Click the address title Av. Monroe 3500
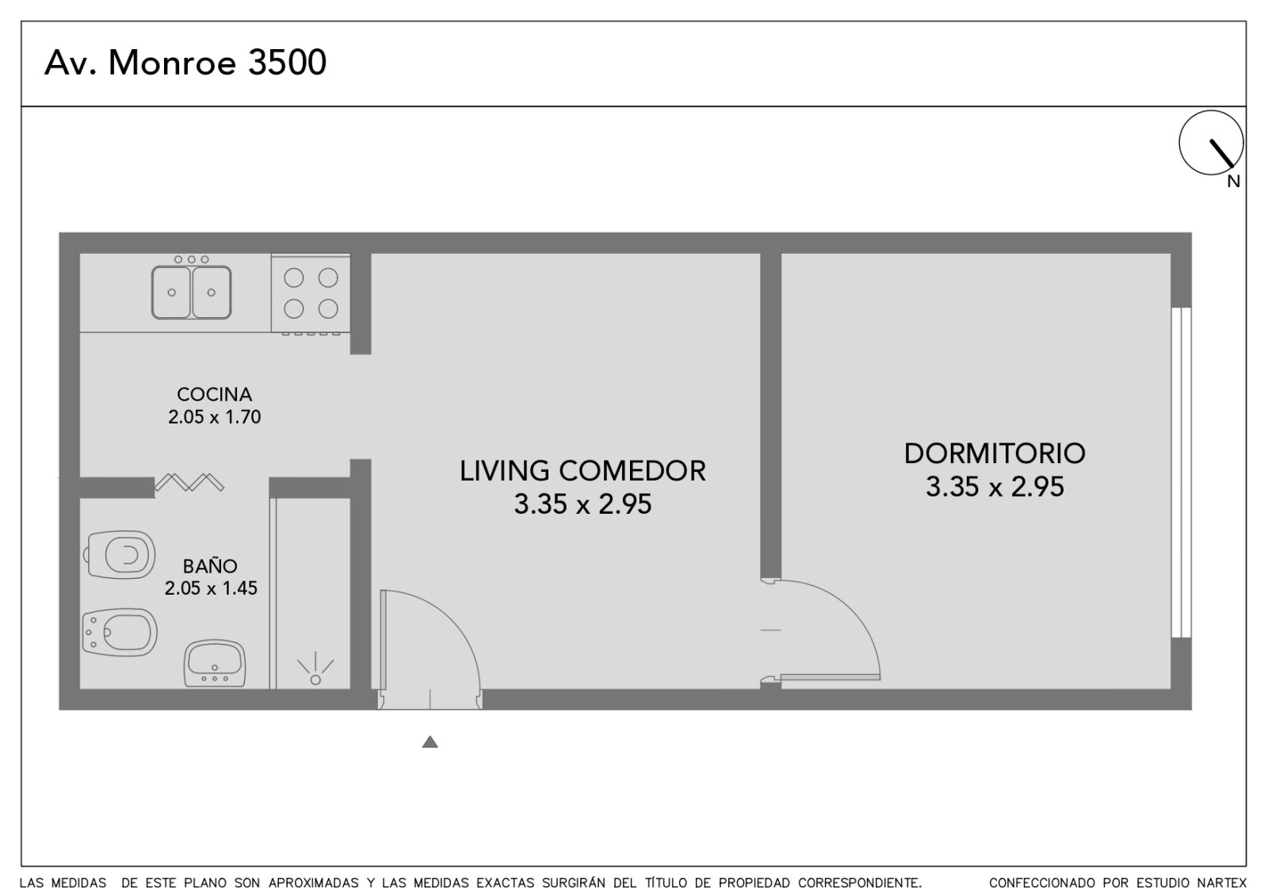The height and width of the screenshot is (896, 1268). (185, 63)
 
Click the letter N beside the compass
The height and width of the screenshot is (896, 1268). (1233, 182)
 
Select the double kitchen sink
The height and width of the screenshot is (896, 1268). (191, 293)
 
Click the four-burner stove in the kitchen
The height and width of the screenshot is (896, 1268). (310, 293)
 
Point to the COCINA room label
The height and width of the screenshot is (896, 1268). (214, 394)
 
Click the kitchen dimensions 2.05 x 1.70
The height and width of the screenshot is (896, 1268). (214, 417)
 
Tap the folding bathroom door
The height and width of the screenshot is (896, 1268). (189, 482)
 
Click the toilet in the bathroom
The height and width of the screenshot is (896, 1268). (120, 554)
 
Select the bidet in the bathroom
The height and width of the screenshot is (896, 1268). (120, 632)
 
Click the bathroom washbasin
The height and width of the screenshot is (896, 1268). (215, 663)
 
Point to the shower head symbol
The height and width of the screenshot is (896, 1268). (315, 669)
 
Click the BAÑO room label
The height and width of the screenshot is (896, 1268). (210, 566)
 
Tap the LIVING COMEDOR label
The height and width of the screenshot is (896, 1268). (582, 471)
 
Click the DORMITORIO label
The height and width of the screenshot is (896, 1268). (995, 454)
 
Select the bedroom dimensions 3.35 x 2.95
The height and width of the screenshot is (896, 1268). (995, 487)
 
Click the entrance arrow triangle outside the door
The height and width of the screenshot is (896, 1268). (430, 741)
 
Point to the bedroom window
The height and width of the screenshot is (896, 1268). (1182, 473)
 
